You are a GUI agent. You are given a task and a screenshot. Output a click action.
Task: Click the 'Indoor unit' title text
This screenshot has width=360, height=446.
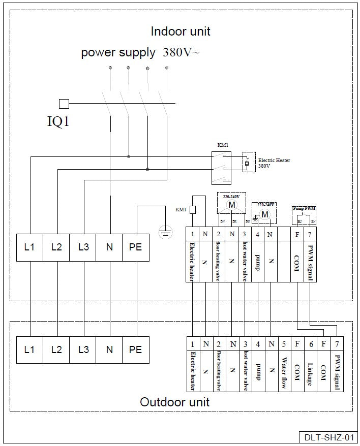(181, 31)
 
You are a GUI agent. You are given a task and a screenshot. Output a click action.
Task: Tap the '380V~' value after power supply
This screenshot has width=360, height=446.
(181, 52)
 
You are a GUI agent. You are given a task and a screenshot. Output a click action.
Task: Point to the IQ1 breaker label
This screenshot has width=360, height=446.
(58, 122)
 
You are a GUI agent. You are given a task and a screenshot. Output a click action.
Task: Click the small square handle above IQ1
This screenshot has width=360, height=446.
(64, 104)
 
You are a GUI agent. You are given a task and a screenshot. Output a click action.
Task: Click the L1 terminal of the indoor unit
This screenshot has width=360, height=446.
(29, 247)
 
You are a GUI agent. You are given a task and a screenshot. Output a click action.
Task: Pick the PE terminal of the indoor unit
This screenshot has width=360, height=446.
(135, 247)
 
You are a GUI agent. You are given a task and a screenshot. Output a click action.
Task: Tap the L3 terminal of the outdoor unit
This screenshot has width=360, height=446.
(83, 349)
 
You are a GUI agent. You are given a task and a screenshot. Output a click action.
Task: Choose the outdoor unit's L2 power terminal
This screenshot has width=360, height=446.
(56, 349)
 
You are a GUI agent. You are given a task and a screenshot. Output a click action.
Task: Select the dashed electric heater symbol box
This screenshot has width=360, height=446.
(248, 162)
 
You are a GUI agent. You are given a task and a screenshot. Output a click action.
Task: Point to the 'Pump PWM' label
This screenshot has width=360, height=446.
(304, 208)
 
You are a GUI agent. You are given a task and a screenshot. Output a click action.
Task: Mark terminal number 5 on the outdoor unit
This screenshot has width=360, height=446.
(284, 343)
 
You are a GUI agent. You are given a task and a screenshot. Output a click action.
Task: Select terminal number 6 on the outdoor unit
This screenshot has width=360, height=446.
(310, 343)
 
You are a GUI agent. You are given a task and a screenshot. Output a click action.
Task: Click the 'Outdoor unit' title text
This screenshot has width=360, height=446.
(174, 402)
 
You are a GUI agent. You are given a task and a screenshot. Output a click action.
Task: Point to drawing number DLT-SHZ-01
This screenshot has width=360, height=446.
(328, 437)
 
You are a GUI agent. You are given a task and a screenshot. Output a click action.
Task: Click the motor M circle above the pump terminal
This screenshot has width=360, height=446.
(265, 215)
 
